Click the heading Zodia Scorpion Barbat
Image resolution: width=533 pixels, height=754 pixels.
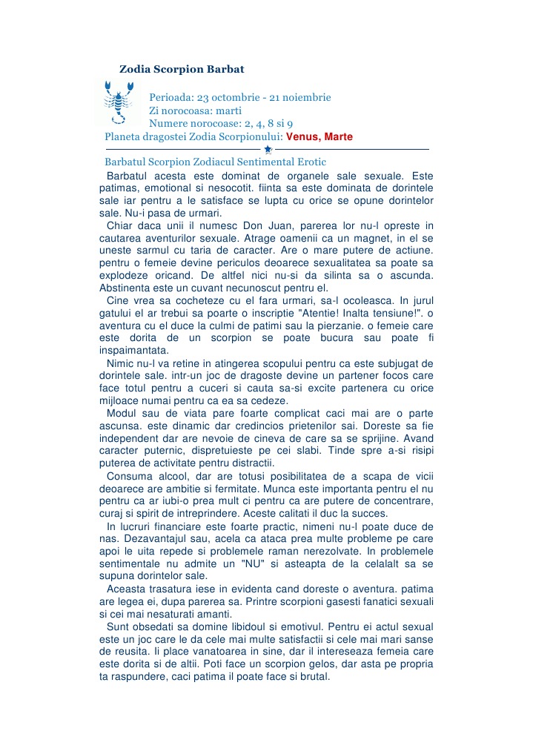click(x=182, y=69)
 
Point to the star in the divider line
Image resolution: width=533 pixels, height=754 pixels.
click(x=268, y=150)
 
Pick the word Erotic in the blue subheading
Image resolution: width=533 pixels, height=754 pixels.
click(x=307, y=162)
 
